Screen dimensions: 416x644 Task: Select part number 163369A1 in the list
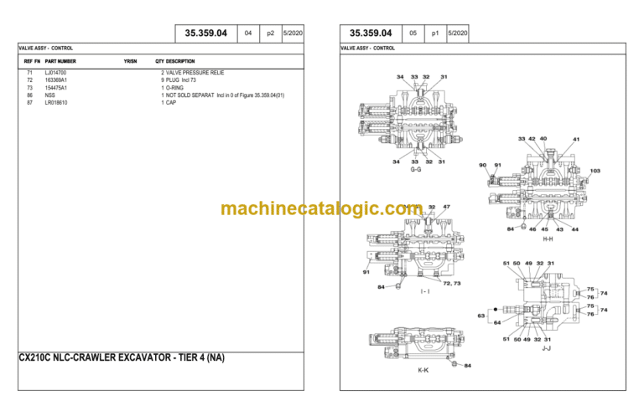point(56,80)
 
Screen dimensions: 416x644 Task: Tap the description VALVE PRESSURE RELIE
point(195,73)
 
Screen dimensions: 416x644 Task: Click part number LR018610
point(56,102)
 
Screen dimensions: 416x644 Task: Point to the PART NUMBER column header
point(60,61)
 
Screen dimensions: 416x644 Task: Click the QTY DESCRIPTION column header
point(175,61)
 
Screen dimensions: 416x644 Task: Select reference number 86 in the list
point(29,95)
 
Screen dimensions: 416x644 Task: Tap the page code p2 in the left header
point(270,33)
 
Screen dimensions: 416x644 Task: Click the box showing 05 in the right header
point(413,33)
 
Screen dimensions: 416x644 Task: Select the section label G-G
point(416,170)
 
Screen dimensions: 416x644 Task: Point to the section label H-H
point(548,239)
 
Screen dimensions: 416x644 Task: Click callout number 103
point(595,172)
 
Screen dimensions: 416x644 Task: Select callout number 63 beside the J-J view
point(481,316)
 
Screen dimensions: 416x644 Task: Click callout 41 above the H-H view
point(575,139)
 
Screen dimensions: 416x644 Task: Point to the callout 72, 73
point(451,283)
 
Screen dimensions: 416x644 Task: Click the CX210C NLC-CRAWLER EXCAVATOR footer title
point(122,357)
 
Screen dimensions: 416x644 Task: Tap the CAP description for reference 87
point(170,102)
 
